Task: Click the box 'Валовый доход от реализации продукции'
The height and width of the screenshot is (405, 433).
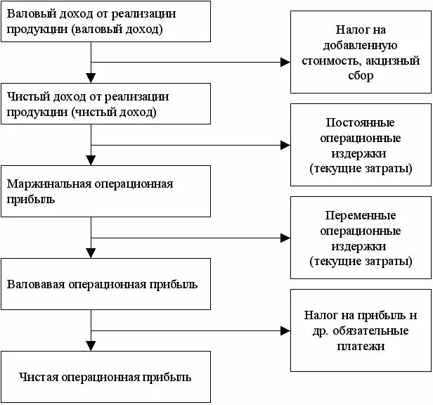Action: [x=105, y=21]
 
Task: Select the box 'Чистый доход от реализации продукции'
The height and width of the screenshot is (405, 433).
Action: [x=105, y=104]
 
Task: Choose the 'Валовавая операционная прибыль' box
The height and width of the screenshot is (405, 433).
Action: [x=105, y=284]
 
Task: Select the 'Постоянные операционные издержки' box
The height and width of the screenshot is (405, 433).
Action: [x=361, y=146]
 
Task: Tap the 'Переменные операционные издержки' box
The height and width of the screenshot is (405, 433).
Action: [x=361, y=238]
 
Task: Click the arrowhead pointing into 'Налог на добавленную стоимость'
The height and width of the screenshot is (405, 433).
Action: [x=285, y=62]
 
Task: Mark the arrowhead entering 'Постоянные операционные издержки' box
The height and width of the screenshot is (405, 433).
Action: [x=285, y=146]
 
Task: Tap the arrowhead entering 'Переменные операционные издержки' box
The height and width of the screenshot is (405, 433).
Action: [x=285, y=238]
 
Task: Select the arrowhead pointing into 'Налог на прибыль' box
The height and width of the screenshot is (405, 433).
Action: [x=285, y=329]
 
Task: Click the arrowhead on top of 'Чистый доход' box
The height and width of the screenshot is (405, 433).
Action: [x=90, y=78]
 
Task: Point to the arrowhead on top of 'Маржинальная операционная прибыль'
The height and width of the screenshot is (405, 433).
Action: [x=90, y=160]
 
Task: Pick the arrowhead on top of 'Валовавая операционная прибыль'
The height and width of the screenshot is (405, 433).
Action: [x=90, y=253]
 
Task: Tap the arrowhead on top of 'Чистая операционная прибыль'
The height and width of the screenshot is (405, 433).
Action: [x=90, y=345]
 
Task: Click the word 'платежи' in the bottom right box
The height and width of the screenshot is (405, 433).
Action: [x=361, y=346]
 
